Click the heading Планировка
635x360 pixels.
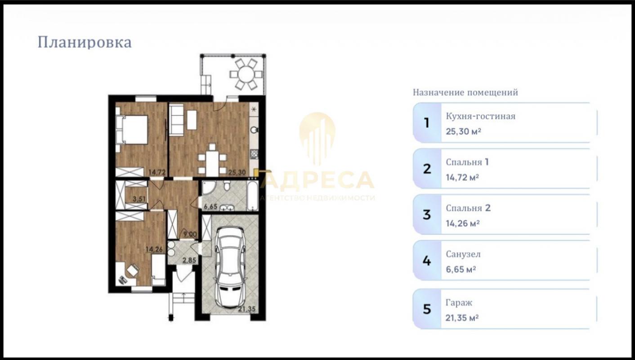[85, 43]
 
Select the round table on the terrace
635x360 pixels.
[246, 74]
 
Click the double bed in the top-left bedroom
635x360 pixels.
[132, 130]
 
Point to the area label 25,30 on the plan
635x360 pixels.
[237, 172]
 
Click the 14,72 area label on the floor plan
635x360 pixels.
[157, 172]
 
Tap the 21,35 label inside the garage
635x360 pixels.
[246, 309]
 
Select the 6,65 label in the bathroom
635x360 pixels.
[210, 206]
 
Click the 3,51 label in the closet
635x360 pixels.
[139, 199]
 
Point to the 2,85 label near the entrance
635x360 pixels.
[189, 260]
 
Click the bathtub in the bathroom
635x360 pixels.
[252, 195]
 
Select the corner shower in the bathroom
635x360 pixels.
[209, 188]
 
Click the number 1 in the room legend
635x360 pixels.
[427, 123]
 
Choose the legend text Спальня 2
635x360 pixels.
[468, 208]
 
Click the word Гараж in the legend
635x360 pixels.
[459, 303]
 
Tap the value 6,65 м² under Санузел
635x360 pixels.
[461, 269]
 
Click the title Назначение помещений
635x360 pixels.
[465, 93]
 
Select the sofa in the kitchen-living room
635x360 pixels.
[176, 120]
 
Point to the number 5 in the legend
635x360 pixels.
[427, 309]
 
